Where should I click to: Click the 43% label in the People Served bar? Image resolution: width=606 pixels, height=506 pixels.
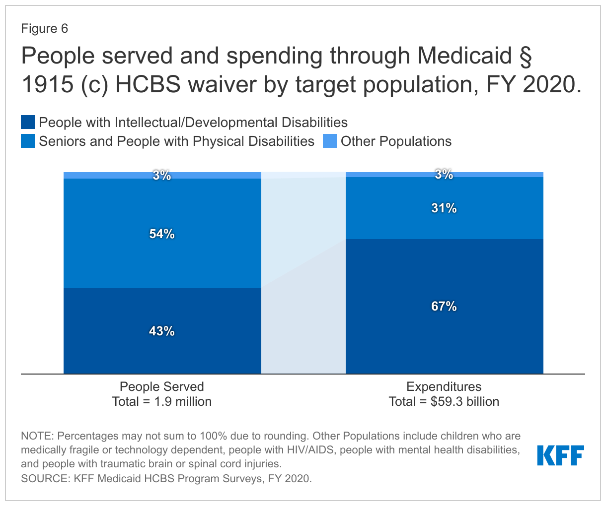coord(162,331)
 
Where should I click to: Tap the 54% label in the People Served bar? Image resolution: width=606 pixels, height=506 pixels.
coord(162,234)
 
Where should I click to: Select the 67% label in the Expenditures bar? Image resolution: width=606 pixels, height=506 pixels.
coord(444,306)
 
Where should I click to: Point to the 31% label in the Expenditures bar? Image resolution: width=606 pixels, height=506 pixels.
coord(444,208)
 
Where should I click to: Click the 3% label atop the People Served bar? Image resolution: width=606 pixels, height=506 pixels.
coord(162,175)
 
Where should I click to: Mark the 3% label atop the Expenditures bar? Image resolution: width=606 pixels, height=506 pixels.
coord(444,174)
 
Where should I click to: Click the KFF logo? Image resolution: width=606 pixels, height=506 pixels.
coord(560,455)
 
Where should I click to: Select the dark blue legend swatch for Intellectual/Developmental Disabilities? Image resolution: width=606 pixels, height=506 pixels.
coord(28,122)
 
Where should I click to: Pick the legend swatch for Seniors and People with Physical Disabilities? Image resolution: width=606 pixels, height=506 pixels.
coord(28,141)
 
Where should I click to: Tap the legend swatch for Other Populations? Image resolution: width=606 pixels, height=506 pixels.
coord(330,141)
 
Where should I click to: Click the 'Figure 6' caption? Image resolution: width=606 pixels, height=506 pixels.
coord(45,28)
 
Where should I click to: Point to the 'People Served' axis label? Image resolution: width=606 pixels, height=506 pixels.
coord(162,386)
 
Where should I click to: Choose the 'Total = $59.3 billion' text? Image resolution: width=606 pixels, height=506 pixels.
coord(444,401)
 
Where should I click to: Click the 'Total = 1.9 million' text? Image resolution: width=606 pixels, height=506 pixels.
coord(162,401)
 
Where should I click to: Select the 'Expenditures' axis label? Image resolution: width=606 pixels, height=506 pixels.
coord(444,386)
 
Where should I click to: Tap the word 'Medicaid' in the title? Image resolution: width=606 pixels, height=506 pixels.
coord(464,56)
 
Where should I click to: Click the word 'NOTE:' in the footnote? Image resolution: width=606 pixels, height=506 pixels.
coord(37,436)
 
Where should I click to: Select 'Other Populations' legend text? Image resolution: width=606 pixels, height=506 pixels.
coord(396,141)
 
